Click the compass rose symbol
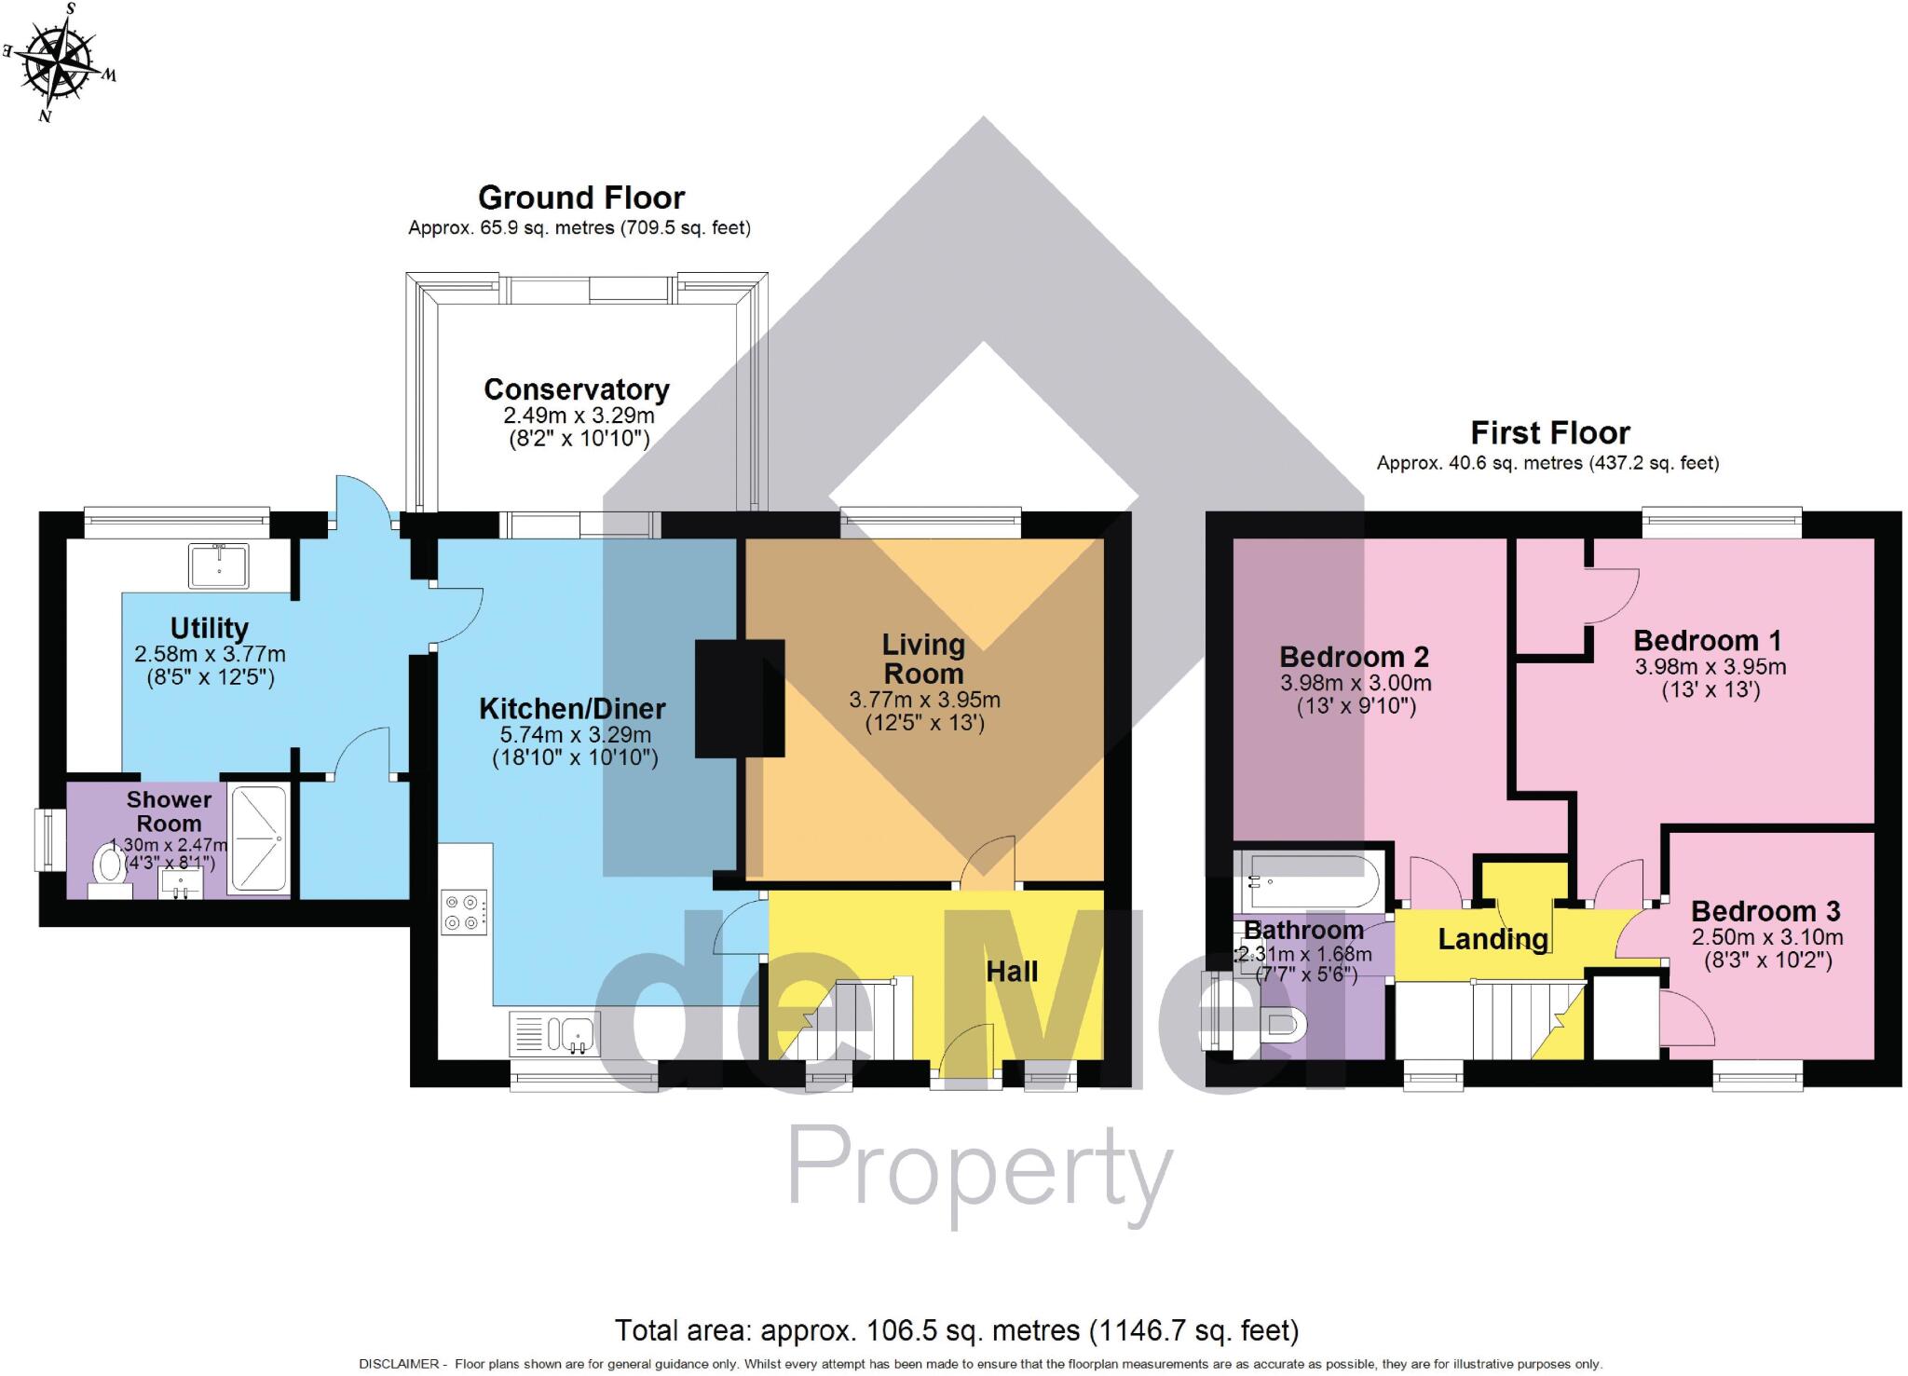(59, 63)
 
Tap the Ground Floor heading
(581, 198)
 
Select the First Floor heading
(1550, 433)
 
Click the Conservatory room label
(577, 389)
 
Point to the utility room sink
(219, 566)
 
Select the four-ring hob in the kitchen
(464, 912)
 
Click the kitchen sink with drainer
(555, 1034)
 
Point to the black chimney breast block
(740, 698)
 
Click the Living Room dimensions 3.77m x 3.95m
(924, 700)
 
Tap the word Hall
(1012, 972)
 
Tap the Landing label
(1492, 939)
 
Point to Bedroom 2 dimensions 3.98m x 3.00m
(1356, 683)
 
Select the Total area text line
(956, 1330)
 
